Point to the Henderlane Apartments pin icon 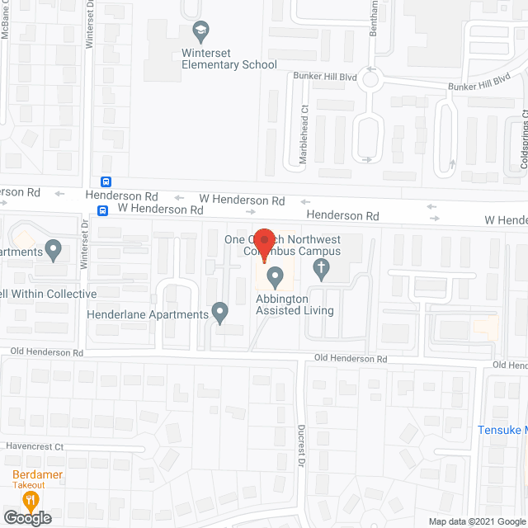click(x=220, y=313)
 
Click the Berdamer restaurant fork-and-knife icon click(x=31, y=500)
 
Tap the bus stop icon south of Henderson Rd click(x=101, y=210)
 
